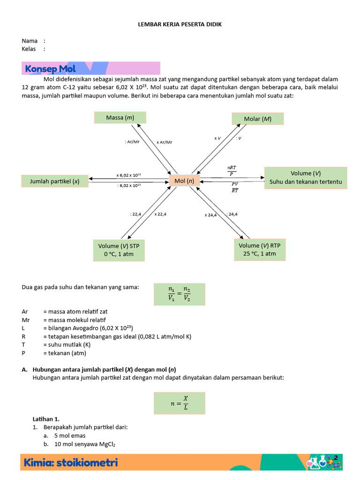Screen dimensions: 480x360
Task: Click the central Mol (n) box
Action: click(x=184, y=181)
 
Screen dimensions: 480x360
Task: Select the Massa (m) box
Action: click(x=120, y=118)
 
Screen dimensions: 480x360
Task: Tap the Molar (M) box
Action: click(x=258, y=119)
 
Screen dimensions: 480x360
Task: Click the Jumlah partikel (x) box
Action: click(x=55, y=181)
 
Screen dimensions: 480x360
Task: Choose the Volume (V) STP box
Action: click(x=119, y=250)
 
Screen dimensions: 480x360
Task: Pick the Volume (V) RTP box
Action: click(x=259, y=249)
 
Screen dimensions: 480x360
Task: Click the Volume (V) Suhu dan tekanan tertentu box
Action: click(x=306, y=178)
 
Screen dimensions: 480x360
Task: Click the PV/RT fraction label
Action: click(x=234, y=187)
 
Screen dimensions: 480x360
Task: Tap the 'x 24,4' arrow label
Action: click(x=210, y=215)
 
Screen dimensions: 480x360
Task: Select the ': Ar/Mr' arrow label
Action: click(x=133, y=142)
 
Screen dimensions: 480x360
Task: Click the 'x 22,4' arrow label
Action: click(x=160, y=214)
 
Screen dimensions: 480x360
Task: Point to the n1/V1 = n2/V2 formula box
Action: click(x=180, y=294)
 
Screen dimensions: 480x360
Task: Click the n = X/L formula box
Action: click(x=180, y=403)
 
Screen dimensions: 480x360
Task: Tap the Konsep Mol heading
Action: click(x=50, y=69)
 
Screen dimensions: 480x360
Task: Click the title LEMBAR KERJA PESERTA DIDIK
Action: click(x=180, y=24)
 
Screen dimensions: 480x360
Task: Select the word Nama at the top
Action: click(x=30, y=41)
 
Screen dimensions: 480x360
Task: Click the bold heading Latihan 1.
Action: click(x=46, y=419)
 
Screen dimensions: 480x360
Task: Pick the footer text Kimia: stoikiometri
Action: click(x=71, y=463)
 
